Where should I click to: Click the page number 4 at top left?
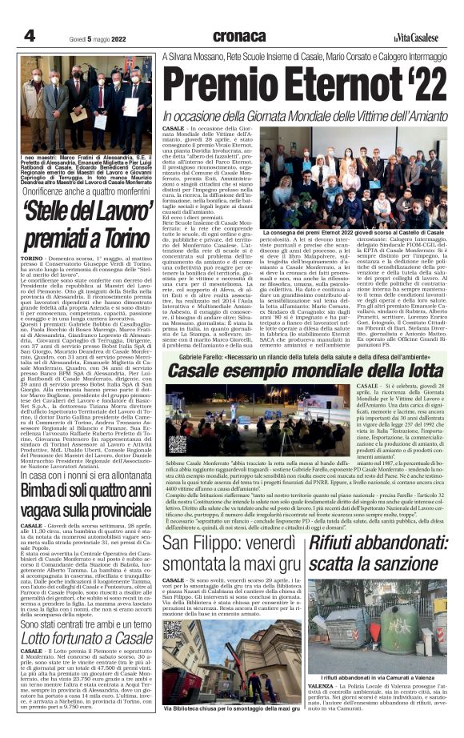click(30, 35)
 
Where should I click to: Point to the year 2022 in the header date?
click(119, 37)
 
